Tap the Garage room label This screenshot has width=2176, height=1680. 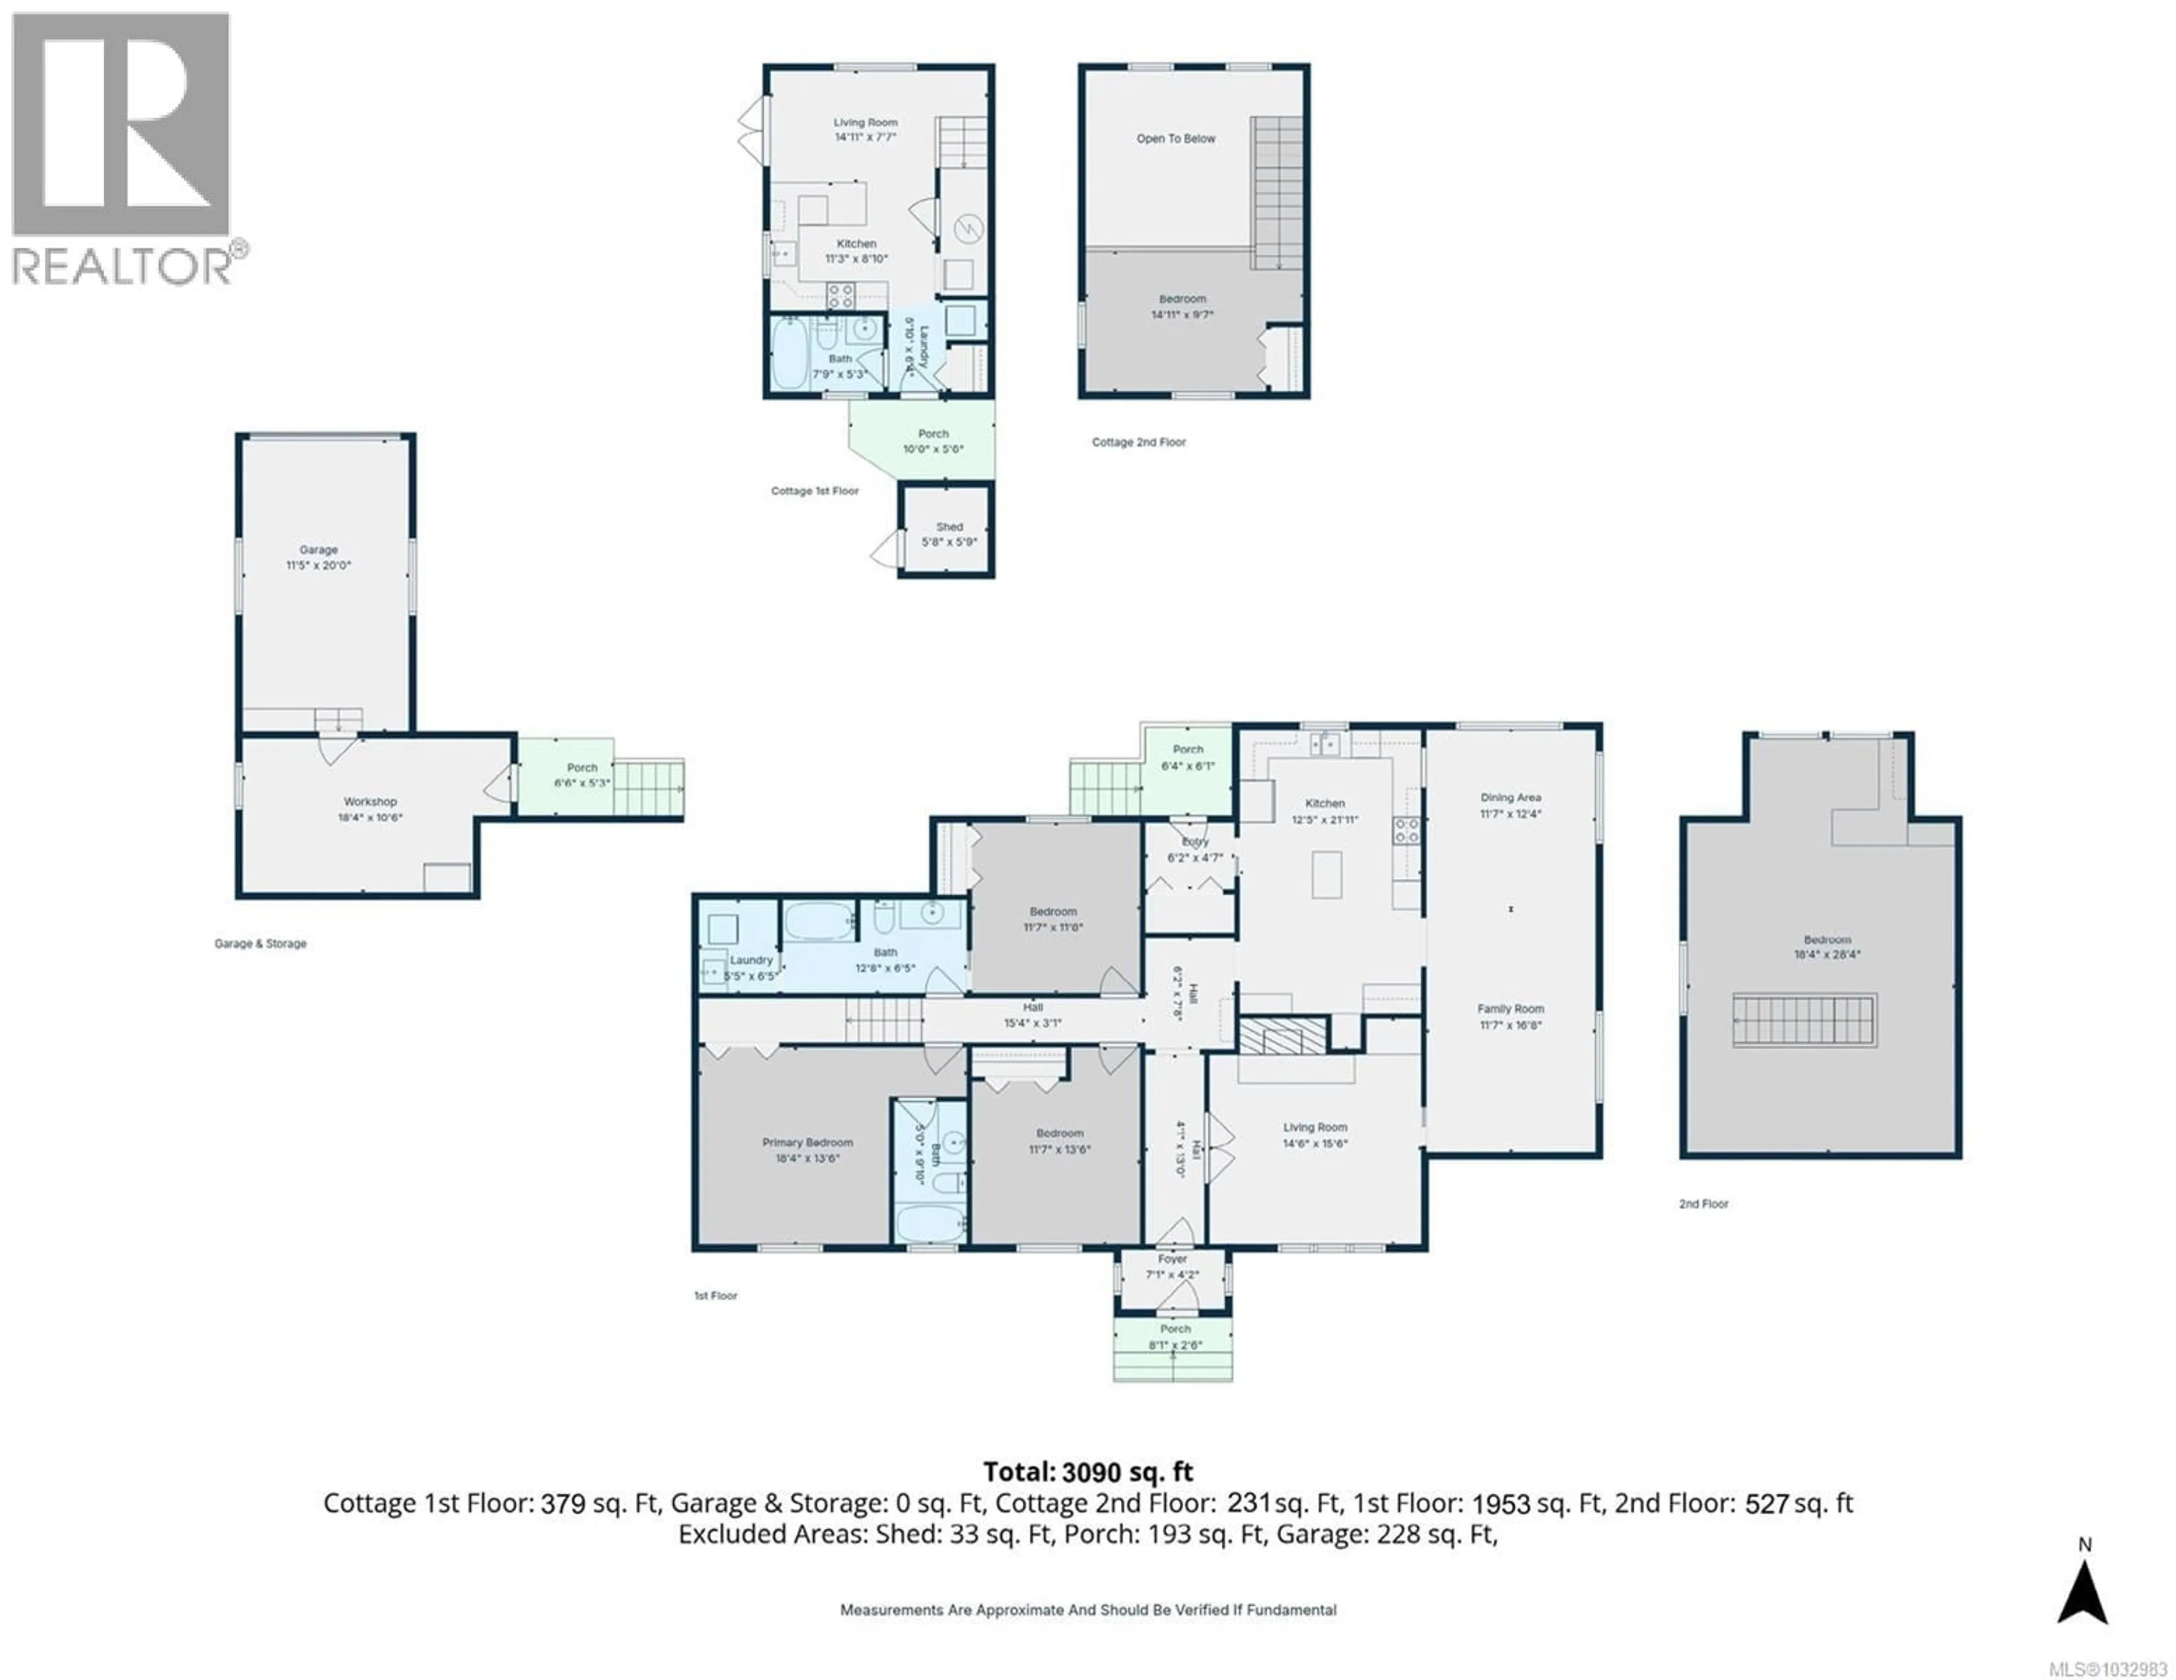click(319, 550)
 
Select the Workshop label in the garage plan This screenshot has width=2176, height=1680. click(369, 802)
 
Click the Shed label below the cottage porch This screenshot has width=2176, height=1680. click(949, 527)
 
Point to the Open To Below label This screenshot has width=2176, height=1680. click(1176, 138)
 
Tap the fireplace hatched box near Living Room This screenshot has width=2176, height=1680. click(1282, 1036)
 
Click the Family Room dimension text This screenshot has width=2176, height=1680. click(1510, 1025)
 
